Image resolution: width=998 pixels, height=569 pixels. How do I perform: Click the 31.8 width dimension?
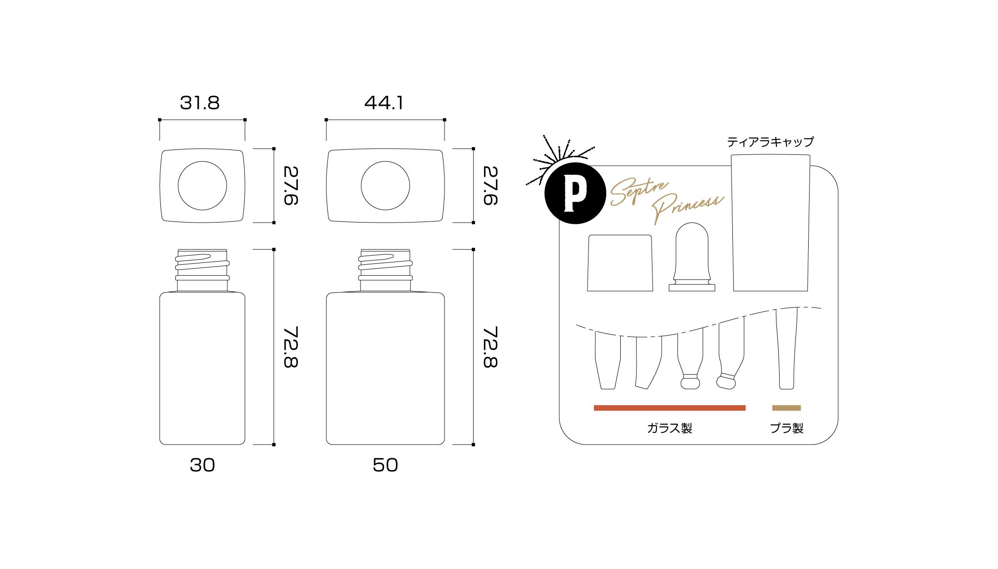[200, 104]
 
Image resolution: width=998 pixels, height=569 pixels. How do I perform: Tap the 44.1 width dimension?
[384, 104]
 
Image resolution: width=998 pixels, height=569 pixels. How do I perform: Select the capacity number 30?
[203, 465]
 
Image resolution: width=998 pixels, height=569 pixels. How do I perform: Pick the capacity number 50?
[385, 465]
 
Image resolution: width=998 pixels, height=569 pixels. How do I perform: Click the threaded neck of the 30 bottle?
[202, 270]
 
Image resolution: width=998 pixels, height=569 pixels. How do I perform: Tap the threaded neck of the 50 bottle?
[385, 270]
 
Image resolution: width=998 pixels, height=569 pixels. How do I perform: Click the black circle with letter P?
[575, 193]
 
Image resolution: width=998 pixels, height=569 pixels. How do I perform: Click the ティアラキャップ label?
[770, 142]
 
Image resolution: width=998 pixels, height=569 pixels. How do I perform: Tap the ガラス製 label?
[669, 428]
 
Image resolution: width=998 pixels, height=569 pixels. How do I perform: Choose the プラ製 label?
[787, 428]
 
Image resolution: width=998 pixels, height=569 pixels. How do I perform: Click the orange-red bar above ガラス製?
[670, 408]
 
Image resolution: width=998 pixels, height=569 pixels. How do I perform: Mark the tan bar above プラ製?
[787, 408]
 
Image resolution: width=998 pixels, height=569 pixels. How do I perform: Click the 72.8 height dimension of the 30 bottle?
[291, 347]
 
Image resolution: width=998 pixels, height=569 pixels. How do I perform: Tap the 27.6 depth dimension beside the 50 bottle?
[490, 186]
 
